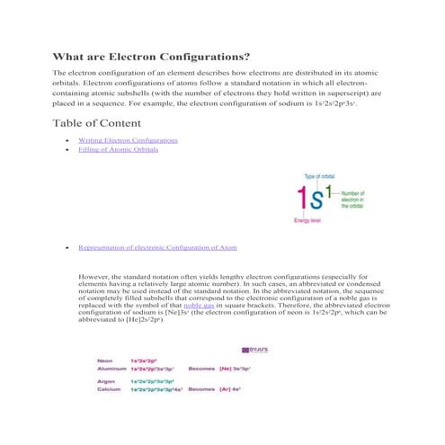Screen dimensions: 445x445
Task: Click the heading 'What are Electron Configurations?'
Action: [x=150, y=56]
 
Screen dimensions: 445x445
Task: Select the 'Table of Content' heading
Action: [x=97, y=122]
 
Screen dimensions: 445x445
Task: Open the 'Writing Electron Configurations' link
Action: [x=128, y=141]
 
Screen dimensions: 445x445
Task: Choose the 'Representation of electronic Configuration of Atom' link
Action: [x=158, y=245]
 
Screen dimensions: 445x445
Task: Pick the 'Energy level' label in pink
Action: [x=308, y=220]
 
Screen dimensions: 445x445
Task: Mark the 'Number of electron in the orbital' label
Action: [x=354, y=199]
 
